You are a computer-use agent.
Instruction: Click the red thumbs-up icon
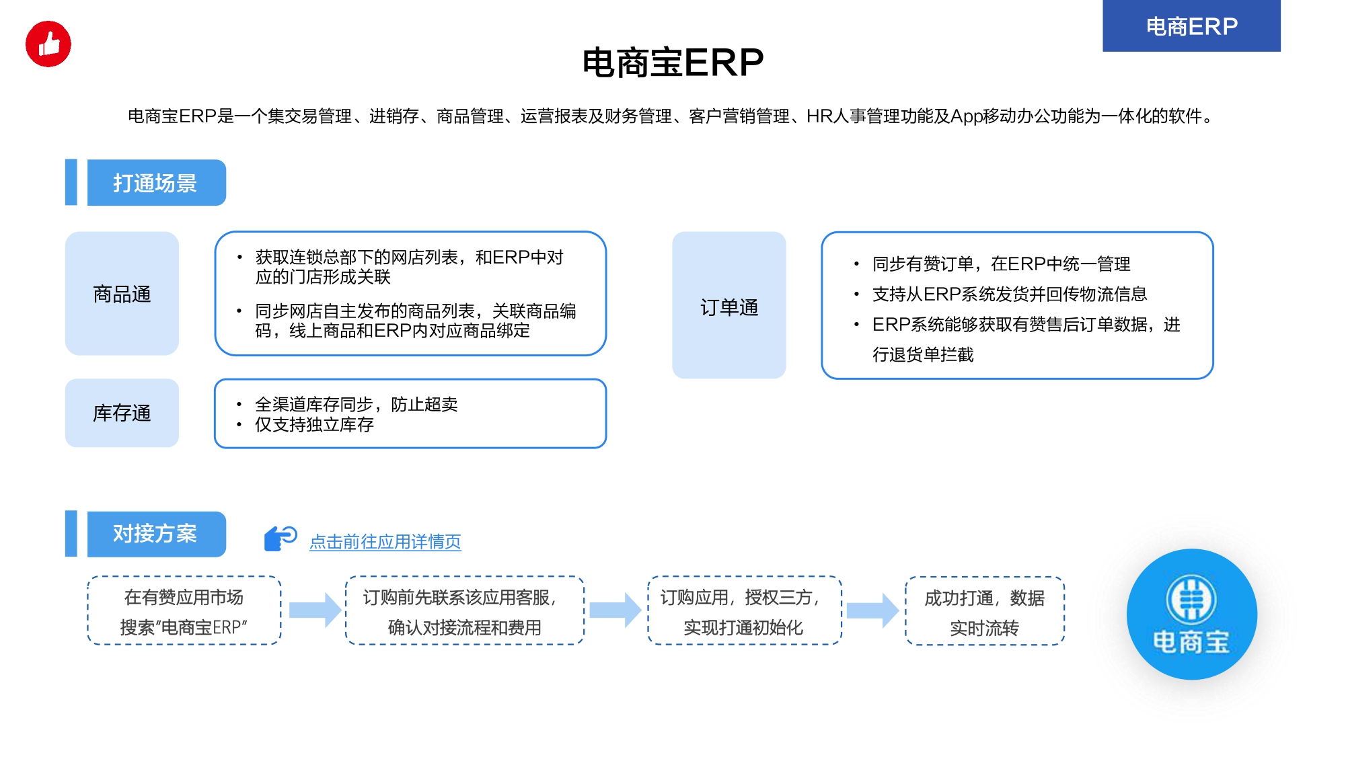pos(48,44)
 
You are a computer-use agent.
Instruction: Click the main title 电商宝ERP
pos(673,63)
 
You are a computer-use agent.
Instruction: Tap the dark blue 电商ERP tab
pos(1191,26)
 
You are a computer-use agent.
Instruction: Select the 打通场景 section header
pos(156,183)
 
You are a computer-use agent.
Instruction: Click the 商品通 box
pos(122,294)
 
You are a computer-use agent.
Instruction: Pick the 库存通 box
pos(122,413)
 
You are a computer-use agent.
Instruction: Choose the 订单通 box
pos(729,305)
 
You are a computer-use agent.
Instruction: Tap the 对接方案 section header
pos(156,534)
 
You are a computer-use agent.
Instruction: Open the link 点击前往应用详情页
pos(385,542)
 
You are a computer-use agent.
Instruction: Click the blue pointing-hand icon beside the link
pos(280,539)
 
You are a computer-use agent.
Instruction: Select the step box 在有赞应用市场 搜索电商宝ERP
pos(184,610)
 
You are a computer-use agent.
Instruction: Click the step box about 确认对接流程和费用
pos(465,610)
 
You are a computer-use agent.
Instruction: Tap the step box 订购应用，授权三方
pos(745,610)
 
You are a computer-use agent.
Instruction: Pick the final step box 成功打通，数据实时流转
pos(985,610)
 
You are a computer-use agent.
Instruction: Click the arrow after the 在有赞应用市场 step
pos(315,610)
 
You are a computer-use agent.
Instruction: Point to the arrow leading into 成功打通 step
pos(872,610)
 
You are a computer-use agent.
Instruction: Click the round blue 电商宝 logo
pos(1192,614)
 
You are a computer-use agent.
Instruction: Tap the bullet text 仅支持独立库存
pos(314,425)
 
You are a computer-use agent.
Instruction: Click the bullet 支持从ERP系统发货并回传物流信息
pos(1010,294)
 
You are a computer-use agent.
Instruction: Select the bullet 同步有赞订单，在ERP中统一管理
pos(1001,264)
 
